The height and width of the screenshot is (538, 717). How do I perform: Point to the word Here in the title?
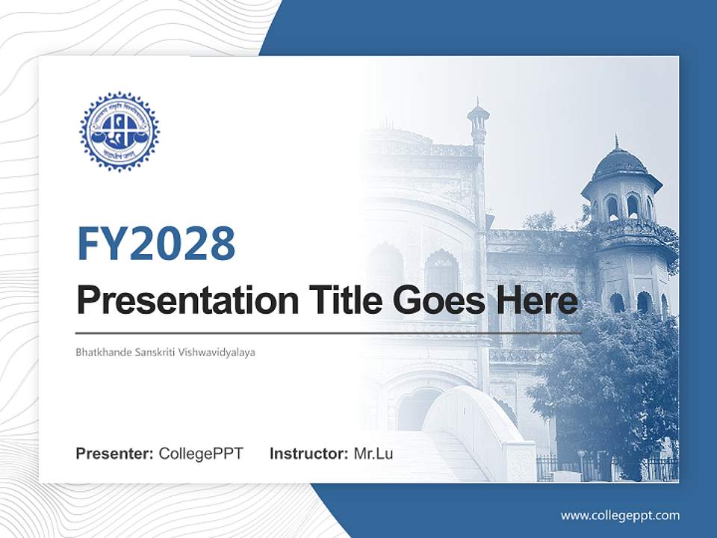pos(536,301)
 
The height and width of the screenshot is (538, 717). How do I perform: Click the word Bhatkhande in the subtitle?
pos(102,351)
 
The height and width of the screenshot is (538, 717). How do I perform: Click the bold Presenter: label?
pos(115,454)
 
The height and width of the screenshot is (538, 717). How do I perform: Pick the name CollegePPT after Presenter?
pos(201,454)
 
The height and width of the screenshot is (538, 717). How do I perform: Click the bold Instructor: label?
pos(308,454)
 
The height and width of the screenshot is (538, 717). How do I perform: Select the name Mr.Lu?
pos(373,454)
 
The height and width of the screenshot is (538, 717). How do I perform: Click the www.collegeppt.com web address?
pos(620,515)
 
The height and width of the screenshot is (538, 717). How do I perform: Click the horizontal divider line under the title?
pos(329,333)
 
